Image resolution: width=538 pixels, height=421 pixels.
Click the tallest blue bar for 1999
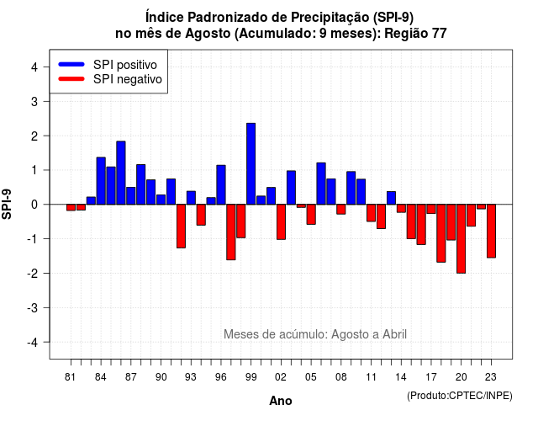[x=251, y=163]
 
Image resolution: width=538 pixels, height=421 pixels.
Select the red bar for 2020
[x=462, y=239]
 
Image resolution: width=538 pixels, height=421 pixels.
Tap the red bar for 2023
[x=491, y=231]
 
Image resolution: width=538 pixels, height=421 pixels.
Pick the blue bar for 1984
[x=101, y=181]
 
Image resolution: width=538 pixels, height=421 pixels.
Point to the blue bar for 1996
[x=221, y=185]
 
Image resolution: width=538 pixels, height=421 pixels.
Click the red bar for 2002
[x=281, y=222]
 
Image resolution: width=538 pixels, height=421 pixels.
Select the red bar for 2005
[x=311, y=215]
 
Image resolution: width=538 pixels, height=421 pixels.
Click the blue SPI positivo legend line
[x=71, y=64]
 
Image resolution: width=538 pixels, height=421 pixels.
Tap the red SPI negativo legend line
[x=71, y=78]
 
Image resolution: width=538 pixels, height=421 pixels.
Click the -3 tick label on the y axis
[x=33, y=308]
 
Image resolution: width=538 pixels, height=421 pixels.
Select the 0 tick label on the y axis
[x=34, y=205]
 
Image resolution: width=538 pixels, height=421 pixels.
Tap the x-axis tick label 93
[x=191, y=377]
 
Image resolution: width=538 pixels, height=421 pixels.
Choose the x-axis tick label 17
[x=431, y=377]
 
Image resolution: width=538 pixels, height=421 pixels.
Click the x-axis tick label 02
[x=281, y=377]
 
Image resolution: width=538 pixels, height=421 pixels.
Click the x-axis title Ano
[x=281, y=401]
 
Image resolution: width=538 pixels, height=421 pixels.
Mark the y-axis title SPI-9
[x=7, y=204]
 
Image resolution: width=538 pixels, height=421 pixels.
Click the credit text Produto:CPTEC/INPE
[x=460, y=396]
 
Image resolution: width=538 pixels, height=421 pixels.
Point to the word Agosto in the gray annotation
[x=349, y=334]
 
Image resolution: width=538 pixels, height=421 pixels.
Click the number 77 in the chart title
[x=440, y=34]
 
